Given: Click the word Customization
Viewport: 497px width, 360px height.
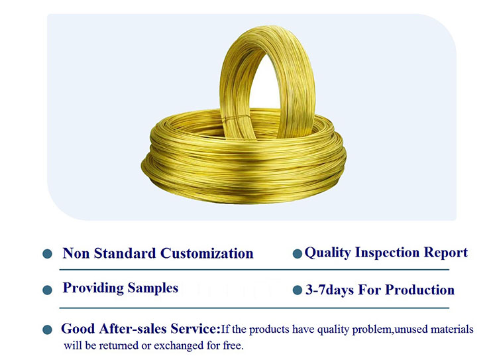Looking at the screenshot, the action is (x=207, y=253).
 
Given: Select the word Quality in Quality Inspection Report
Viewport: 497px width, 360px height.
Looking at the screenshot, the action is (x=328, y=253).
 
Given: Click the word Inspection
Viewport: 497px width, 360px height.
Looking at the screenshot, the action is (x=388, y=253).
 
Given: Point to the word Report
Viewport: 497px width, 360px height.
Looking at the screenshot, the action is (x=446, y=253).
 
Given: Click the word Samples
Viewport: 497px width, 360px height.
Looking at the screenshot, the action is (x=153, y=288).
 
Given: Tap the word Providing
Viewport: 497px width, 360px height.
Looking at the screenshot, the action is (x=93, y=288).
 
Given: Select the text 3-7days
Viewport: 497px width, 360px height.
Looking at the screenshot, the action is (x=329, y=290).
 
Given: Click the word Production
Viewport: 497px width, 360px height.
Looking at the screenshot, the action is (x=419, y=290).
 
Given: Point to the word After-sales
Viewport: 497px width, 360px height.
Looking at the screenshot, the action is (x=133, y=329).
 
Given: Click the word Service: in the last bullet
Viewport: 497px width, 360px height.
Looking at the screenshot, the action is (x=195, y=329).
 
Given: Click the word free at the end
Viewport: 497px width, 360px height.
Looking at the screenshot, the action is (x=233, y=345).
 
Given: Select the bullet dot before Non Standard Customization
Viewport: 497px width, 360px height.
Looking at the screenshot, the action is (x=47, y=254).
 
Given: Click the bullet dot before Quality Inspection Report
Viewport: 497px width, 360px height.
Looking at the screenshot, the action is (x=298, y=254).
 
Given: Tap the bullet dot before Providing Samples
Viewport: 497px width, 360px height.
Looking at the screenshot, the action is (x=47, y=290).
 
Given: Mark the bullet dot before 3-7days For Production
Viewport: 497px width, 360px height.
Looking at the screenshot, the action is (x=298, y=290).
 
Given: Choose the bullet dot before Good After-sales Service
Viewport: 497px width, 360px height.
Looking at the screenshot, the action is (x=47, y=330).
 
